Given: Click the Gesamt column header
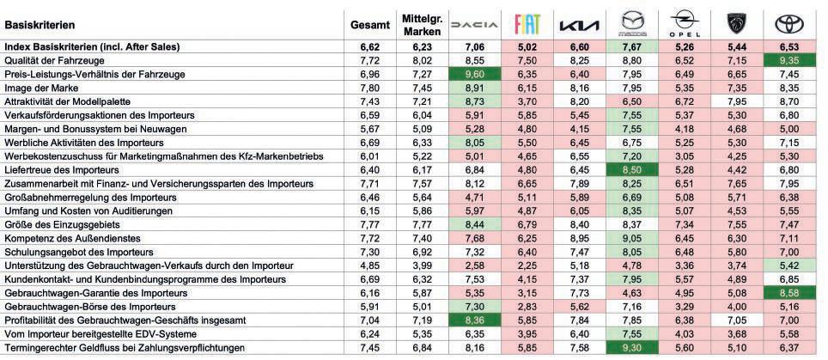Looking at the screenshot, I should (370, 24).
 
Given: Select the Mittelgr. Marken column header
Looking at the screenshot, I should (423, 24).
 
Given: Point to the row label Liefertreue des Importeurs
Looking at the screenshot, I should (63, 170).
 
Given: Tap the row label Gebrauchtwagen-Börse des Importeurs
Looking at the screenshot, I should (79, 306).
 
